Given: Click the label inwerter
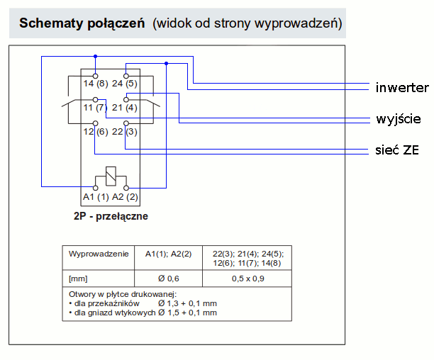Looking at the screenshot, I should [x=402, y=88].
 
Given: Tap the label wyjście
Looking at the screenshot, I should [x=399, y=118].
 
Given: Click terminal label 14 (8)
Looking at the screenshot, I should [x=95, y=84].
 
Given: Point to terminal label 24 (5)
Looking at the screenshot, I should [x=125, y=84].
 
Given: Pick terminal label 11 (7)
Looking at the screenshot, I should [x=94, y=108].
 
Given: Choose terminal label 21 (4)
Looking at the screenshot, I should [x=125, y=108].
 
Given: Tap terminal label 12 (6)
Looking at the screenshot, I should [x=94, y=131].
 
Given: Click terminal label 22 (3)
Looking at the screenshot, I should [x=125, y=131].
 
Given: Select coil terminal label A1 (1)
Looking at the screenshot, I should [x=95, y=196].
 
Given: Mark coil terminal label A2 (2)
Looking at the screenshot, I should [x=125, y=196].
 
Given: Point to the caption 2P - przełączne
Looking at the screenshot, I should [x=110, y=217].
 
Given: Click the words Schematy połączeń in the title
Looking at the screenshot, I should [x=83, y=23].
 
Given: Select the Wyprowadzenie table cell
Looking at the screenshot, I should [x=99, y=253].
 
